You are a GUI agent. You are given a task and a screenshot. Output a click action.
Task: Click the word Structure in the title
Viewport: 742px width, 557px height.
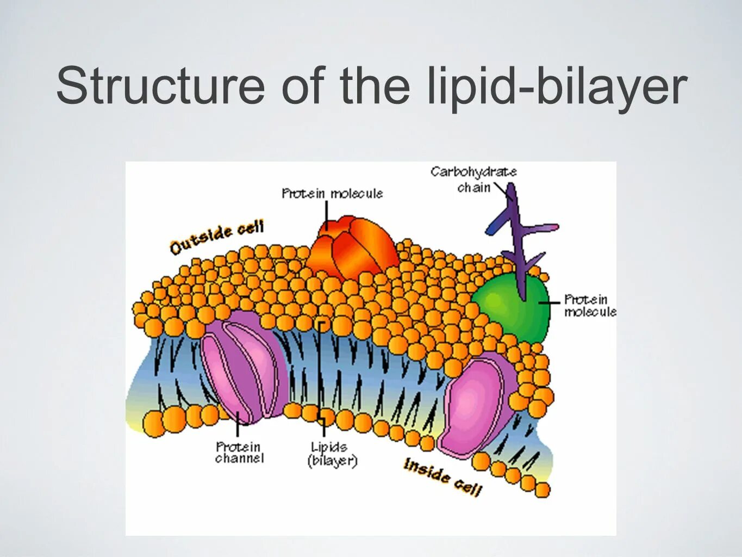point(160,86)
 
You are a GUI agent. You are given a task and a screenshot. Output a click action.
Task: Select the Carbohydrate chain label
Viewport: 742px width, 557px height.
point(473,180)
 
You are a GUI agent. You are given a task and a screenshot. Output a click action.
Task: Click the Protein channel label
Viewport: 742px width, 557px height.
point(239,453)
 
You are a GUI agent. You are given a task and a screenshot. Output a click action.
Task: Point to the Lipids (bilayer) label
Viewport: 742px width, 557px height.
point(332,454)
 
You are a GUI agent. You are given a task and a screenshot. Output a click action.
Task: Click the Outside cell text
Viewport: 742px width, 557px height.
point(216,238)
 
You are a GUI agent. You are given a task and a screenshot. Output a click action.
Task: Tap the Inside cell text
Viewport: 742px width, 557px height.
point(442,477)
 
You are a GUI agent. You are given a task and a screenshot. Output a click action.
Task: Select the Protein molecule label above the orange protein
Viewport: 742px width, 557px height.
point(332,194)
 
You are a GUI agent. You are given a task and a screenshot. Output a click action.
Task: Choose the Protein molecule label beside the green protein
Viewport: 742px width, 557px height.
point(589,305)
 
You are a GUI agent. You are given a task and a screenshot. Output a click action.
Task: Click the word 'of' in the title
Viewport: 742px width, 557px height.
point(302,86)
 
